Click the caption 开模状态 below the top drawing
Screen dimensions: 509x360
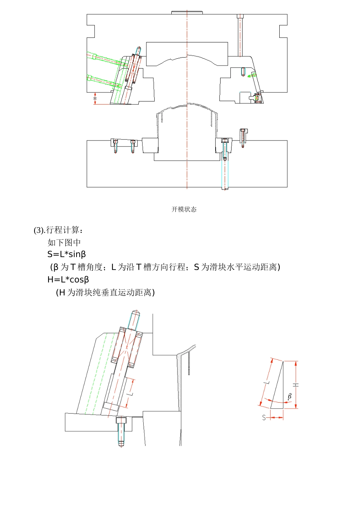(x=184, y=209)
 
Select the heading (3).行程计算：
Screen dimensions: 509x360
(x=58, y=230)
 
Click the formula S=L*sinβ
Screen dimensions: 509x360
(x=67, y=254)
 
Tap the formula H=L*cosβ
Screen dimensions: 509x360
(x=68, y=279)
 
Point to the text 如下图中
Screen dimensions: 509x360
(x=64, y=242)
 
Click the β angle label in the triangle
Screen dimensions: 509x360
(x=290, y=397)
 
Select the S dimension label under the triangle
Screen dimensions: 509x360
(x=264, y=418)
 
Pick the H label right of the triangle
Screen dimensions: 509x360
(x=296, y=385)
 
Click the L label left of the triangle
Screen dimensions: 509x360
(x=267, y=382)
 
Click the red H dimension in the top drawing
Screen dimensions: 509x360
(x=95, y=98)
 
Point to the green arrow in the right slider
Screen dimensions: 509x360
(x=251, y=76)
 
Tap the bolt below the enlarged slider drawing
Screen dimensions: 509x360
(x=121, y=432)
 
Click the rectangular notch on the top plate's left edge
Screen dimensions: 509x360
(x=91, y=31)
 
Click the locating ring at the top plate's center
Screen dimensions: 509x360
(x=187, y=12)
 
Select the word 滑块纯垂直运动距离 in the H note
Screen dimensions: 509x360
(x=110, y=292)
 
